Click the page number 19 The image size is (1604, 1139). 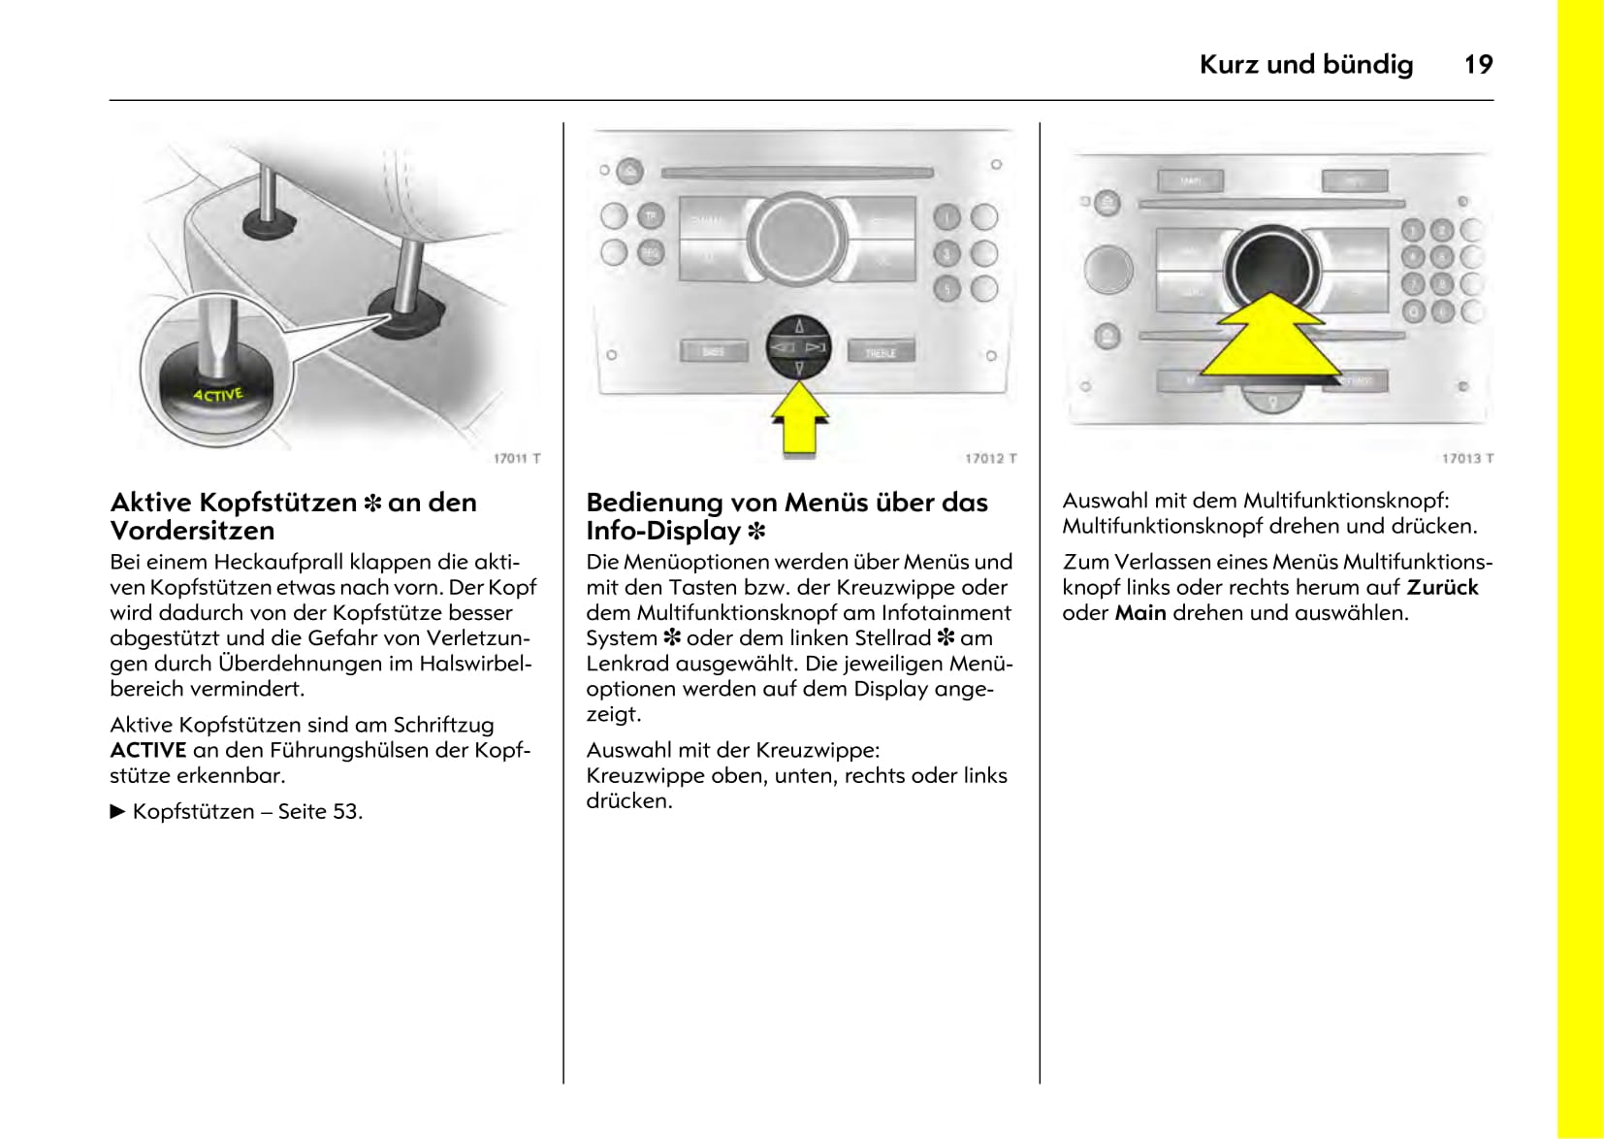click(x=1477, y=64)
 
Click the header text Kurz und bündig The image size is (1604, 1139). click(x=1305, y=64)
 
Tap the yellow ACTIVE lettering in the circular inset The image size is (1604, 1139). click(x=217, y=395)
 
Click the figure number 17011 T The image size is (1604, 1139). click(x=516, y=458)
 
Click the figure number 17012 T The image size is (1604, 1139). click(x=990, y=458)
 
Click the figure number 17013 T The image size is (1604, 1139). click(x=1466, y=458)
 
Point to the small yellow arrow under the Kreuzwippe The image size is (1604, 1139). click(x=799, y=418)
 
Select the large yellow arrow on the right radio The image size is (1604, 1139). click(x=1270, y=340)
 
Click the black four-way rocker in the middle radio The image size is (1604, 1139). click(x=799, y=346)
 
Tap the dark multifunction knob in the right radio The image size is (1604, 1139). click(x=1271, y=267)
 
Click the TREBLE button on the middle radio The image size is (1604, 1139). click(x=881, y=352)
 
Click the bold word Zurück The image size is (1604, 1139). click(x=1442, y=587)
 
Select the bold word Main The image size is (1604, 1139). click(x=1139, y=613)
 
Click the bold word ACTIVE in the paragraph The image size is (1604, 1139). click(x=147, y=750)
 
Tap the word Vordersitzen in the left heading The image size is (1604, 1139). click(x=192, y=531)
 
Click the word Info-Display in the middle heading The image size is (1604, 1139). click(x=663, y=531)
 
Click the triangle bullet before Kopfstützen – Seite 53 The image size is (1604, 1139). click(x=118, y=811)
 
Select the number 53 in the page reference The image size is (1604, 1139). click(x=345, y=811)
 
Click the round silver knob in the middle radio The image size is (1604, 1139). click(x=797, y=238)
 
